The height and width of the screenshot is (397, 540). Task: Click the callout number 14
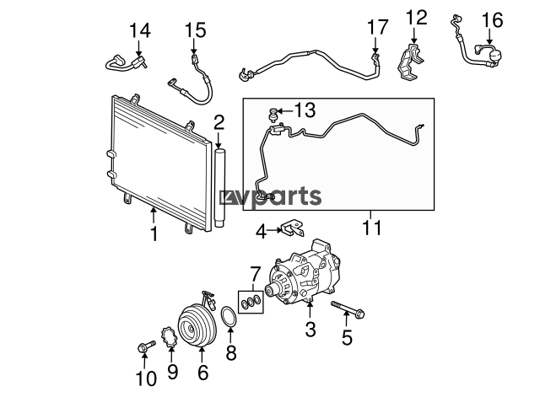pyautogui.click(x=140, y=30)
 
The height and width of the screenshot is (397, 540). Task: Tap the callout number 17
pyautogui.click(x=377, y=27)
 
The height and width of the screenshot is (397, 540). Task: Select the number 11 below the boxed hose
pyautogui.click(x=372, y=228)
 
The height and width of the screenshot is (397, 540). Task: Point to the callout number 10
pyautogui.click(x=146, y=378)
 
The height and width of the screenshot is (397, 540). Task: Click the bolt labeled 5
pyautogui.click(x=348, y=308)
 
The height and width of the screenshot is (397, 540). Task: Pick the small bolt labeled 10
pyautogui.click(x=146, y=346)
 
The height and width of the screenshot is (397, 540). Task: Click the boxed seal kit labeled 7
pyautogui.click(x=251, y=302)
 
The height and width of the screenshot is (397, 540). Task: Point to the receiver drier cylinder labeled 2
pyautogui.click(x=219, y=188)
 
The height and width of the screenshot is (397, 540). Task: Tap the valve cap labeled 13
pyautogui.click(x=273, y=115)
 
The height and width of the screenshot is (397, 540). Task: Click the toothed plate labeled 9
pyautogui.click(x=169, y=338)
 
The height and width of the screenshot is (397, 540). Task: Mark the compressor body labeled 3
pyautogui.click(x=303, y=273)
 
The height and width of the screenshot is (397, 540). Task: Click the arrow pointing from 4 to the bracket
pyautogui.click(x=274, y=230)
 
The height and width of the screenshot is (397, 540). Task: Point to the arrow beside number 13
pyautogui.click(x=285, y=110)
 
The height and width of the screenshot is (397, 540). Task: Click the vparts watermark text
pyautogui.click(x=271, y=196)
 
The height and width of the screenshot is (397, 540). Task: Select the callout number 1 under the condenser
pyautogui.click(x=154, y=233)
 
